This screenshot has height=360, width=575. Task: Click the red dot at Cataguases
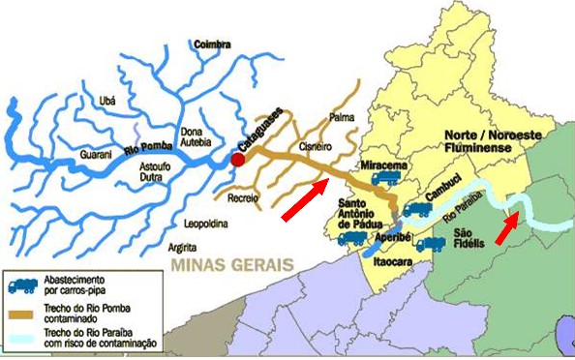pos(237,159)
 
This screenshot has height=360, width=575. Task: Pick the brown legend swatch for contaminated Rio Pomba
pos(25,315)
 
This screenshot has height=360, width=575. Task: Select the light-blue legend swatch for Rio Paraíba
pos(25,338)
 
